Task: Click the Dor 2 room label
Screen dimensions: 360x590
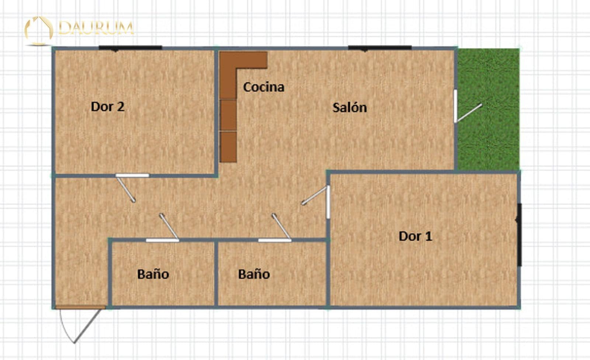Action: coord(107,107)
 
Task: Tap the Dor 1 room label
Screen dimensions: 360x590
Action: coord(415,236)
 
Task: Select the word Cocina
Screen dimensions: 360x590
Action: coord(264,87)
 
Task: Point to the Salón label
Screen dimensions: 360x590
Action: coord(350,108)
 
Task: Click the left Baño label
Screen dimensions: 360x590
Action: coord(153,274)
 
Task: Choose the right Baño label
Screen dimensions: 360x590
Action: coord(254,274)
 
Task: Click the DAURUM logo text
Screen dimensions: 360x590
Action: coord(96,28)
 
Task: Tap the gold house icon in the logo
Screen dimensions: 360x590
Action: coord(39,29)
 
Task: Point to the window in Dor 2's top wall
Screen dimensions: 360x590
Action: coord(130,48)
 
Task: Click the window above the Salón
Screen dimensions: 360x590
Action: coord(380,48)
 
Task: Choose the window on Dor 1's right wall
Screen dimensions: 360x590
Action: coord(519,235)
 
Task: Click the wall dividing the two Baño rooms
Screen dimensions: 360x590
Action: coord(216,273)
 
